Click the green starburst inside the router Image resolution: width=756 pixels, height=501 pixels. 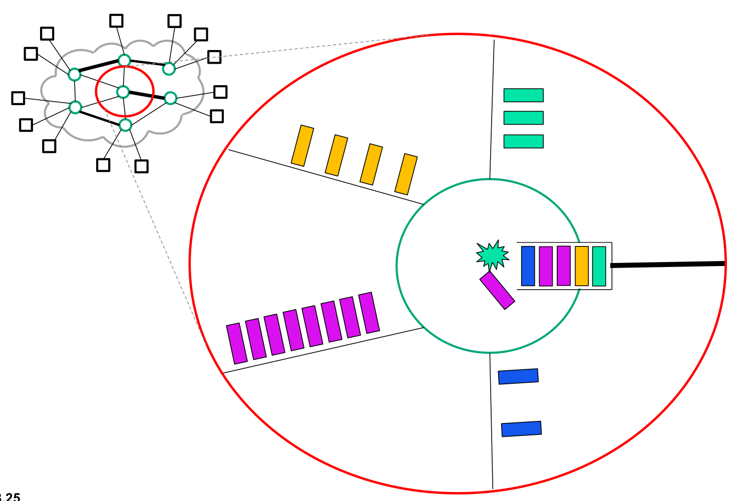point(493,255)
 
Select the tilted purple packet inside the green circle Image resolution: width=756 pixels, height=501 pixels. point(497,290)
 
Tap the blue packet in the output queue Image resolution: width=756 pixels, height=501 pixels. point(528,266)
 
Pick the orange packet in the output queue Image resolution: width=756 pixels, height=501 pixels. point(582,266)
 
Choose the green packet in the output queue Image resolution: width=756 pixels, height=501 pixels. point(599,266)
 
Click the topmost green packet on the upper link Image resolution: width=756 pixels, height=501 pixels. point(523,95)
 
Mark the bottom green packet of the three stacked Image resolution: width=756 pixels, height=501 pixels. point(523,141)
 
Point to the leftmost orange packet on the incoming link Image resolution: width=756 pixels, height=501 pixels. point(302,145)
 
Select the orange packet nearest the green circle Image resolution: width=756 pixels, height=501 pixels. point(406,174)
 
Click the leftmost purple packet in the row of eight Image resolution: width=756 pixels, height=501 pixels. point(237,343)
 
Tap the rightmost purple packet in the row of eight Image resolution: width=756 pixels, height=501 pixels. point(369,313)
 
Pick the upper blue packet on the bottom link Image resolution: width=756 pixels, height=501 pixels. point(518,376)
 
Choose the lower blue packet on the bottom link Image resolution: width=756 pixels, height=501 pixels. point(521,429)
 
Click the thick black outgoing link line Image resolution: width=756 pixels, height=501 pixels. point(668,264)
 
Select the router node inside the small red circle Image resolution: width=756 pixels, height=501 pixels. point(123,92)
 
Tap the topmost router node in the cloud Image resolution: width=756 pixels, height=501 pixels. point(124,61)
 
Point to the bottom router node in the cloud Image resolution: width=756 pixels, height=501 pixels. point(126,125)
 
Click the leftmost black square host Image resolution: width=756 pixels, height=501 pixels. point(18,98)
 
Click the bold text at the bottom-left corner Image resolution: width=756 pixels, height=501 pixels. point(10,497)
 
